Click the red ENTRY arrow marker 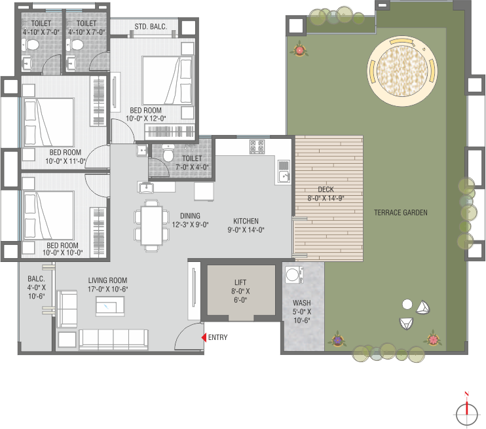pyautogui.click(x=204, y=337)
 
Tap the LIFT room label pyautogui.click(x=240, y=282)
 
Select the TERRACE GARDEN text pyautogui.click(x=400, y=213)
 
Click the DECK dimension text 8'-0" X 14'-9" pyautogui.click(x=326, y=198)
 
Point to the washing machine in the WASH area pyautogui.click(x=294, y=274)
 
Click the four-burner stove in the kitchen pyautogui.click(x=257, y=147)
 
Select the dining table pyautogui.click(x=151, y=225)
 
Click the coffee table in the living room pyautogui.click(x=110, y=307)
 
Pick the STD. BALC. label pyautogui.click(x=151, y=27)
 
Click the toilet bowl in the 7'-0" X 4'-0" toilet pyautogui.click(x=168, y=153)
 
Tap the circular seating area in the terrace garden pyautogui.click(x=402, y=71)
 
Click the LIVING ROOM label pyautogui.click(x=107, y=280)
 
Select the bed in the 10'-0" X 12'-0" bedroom pyautogui.click(x=168, y=81)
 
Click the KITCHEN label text pyautogui.click(x=246, y=221)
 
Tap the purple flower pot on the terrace pyautogui.click(x=337, y=339)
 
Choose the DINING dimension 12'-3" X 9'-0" pyautogui.click(x=191, y=225)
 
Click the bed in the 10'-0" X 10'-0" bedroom pyautogui.click(x=48, y=215)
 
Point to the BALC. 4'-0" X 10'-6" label pyautogui.click(x=36, y=288)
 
